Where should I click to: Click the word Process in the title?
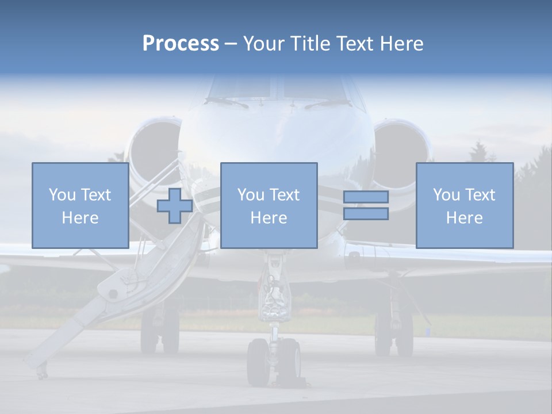181,44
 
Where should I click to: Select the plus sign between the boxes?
175,206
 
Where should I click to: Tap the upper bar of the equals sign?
366,197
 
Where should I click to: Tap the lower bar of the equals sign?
366,214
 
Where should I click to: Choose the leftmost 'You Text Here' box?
80,206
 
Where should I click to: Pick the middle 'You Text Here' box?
269,206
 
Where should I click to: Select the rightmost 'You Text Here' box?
464,206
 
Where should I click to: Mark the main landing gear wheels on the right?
394,333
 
